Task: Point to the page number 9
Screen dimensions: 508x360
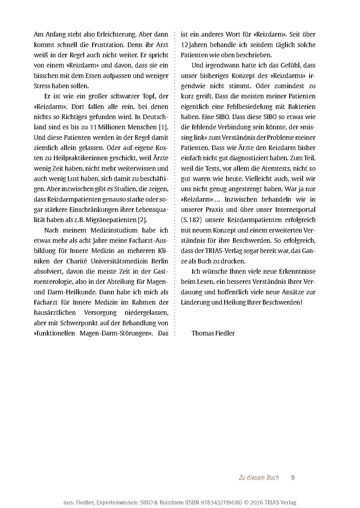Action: (293, 478)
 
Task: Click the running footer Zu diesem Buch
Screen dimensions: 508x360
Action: (258, 478)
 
